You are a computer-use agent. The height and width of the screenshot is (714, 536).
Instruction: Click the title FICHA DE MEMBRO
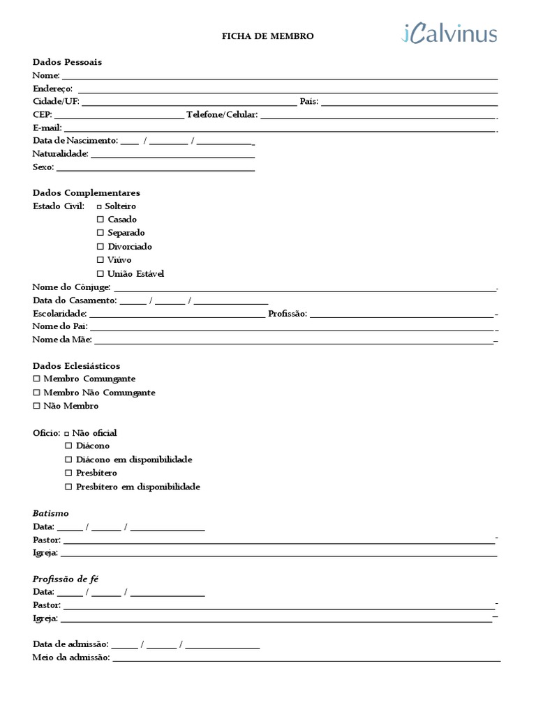coord(268,36)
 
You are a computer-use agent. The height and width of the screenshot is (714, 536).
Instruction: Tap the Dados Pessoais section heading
coord(67,62)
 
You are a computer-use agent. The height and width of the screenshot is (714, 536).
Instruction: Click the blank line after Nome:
coord(279,76)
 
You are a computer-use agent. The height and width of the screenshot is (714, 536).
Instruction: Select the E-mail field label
coord(47,128)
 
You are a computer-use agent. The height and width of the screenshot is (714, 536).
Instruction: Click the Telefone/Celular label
coord(222,114)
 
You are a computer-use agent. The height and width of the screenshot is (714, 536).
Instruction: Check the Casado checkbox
coord(100,220)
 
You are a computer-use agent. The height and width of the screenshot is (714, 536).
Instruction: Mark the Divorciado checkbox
coord(100,247)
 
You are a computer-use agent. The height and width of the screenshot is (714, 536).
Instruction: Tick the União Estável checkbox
coord(100,274)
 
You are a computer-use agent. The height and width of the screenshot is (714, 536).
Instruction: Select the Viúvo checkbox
coord(100,260)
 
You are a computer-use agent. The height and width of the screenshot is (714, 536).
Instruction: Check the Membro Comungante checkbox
coord(36,379)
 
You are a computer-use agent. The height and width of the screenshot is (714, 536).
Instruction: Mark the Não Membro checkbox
coord(36,406)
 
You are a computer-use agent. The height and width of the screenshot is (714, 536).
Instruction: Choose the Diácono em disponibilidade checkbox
coord(68,459)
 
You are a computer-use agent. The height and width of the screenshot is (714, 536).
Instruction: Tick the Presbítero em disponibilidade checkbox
coord(68,487)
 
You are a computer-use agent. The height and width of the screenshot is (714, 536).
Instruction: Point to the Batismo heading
coord(51,513)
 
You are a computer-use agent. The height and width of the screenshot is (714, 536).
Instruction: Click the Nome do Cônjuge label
coord(71,287)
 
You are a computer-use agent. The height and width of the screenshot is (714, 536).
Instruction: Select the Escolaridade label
coord(59,314)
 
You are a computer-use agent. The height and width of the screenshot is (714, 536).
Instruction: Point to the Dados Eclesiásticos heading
coord(76,365)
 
